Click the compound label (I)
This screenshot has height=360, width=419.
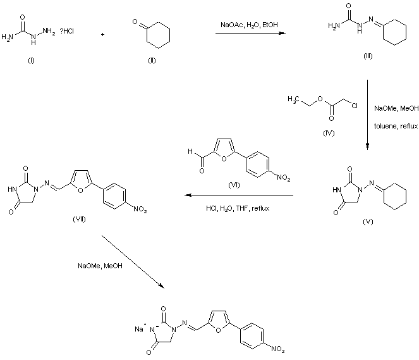[31, 61]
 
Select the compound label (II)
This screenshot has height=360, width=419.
[152, 61]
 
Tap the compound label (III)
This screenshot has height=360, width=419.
[368, 56]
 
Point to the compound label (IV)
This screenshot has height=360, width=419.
[329, 133]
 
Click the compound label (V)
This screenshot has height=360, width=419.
[368, 221]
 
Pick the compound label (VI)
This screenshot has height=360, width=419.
[234, 185]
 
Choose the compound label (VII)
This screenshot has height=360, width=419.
[80, 220]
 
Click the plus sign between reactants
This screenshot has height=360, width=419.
[102, 34]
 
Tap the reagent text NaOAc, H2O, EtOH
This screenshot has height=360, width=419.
[249, 25]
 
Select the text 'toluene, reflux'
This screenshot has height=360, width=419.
[396, 126]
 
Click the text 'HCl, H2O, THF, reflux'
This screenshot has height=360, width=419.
[238, 208]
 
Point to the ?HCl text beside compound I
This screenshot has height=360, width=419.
[67, 31]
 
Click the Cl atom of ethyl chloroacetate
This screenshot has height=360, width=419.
[355, 106]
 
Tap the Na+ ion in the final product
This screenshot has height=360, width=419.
[140, 328]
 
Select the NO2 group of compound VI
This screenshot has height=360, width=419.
[284, 178]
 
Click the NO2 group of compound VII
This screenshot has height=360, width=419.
[140, 209]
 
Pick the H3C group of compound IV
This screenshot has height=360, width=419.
[293, 99]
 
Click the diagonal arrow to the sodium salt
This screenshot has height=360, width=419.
[133, 262]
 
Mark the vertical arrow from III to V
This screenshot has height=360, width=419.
[367, 115]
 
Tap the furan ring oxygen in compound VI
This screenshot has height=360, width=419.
[224, 159]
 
